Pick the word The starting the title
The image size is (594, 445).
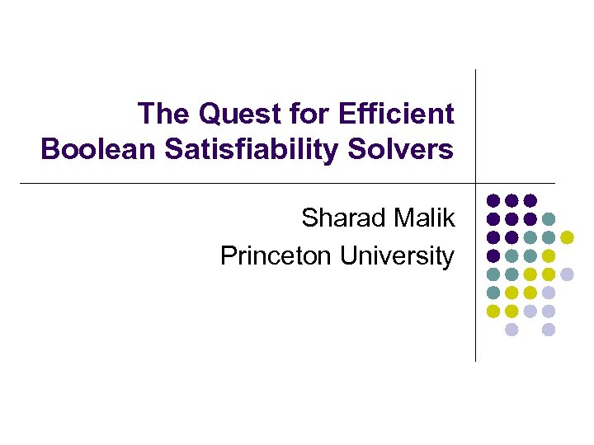coord(163,114)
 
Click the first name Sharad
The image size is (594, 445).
coord(341,219)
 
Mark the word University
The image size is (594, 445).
coord(397,256)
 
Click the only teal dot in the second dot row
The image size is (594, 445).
coord(549,219)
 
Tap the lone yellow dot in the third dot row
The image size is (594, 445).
coord(568,237)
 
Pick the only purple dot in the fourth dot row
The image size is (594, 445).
coord(493,255)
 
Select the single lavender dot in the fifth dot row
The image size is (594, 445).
coord(568,274)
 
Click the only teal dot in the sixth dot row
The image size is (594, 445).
coord(493,293)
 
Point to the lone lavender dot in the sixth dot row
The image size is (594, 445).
coord(549,293)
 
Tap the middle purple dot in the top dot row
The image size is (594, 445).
coord(511,200)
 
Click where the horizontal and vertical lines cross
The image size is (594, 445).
coord(476,183)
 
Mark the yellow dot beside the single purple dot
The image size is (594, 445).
coord(549,255)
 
